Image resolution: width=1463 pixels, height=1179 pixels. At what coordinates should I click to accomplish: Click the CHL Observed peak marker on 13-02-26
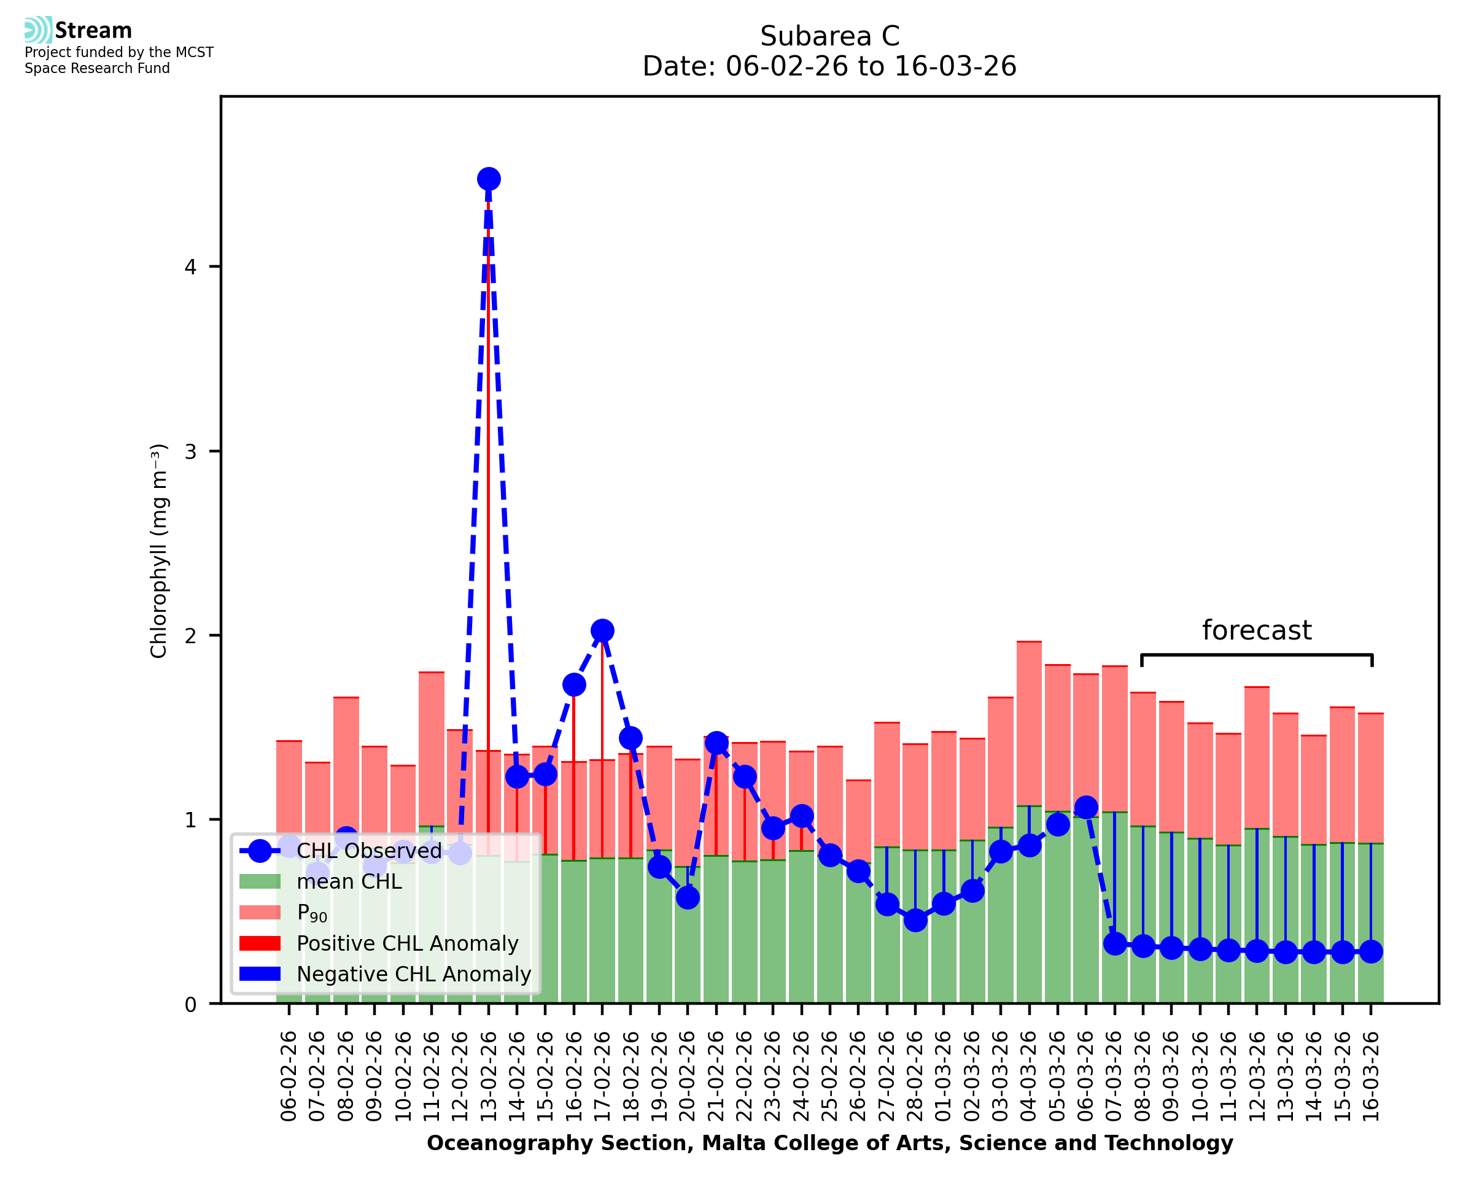pyautogui.click(x=488, y=179)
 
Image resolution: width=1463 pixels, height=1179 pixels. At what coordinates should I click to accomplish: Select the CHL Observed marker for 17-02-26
pyautogui.click(x=602, y=631)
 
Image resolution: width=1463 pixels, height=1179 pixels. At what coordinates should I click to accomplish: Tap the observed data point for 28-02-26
pyautogui.click(x=915, y=920)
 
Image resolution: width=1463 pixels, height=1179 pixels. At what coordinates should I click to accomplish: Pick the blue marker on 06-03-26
pyautogui.click(x=1086, y=808)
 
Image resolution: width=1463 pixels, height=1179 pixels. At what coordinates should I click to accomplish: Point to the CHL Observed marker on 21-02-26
pyautogui.click(x=716, y=744)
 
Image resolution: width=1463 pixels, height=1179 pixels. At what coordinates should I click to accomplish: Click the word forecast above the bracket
pyautogui.click(x=1257, y=631)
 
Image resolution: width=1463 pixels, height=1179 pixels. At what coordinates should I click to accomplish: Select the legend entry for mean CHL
pyautogui.click(x=349, y=881)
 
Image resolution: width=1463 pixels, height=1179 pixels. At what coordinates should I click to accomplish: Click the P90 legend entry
pyautogui.click(x=312, y=913)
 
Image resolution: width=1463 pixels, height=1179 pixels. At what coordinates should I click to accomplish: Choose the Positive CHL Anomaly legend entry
pyautogui.click(x=407, y=943)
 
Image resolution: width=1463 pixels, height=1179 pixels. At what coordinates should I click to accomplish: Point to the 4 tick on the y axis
pyautogui.click(x=191, y=267)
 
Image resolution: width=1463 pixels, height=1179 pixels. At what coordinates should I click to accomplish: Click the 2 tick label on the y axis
pyautogui.click(x=191, y=636)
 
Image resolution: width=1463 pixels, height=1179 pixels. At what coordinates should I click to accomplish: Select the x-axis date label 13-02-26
pyautogui.click(x=488, y=1076)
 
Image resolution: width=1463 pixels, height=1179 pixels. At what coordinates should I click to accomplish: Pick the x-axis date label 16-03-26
pyautogui.click(x=1371, y=1076)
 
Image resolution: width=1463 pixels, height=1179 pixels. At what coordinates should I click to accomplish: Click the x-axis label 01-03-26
pyautogui.click(x=944, y=1076)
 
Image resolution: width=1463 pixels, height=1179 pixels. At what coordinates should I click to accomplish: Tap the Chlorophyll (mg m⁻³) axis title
pyautogui.click(x=158, y=551)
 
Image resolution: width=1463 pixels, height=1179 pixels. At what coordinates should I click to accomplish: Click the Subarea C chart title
pyautogui.click(x=829, y=36)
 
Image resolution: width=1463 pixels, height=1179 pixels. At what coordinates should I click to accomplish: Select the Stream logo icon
pyautogui.click(x=38, y=30)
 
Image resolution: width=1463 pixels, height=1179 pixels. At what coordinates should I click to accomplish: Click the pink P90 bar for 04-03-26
pyautogui.click(x=1029, y=723)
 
